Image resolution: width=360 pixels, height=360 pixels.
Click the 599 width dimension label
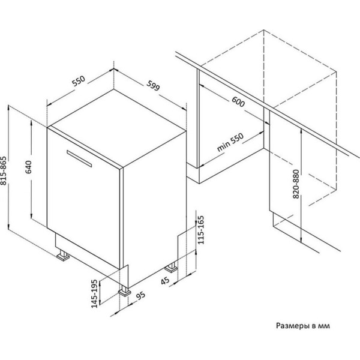[x=153, y=85]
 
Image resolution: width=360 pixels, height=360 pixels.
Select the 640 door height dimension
[x=28, y=167]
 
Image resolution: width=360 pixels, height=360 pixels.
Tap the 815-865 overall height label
[x=4, y=170]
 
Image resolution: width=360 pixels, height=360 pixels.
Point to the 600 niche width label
[x=238, y=102]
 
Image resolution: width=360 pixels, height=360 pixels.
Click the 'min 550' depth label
[x=230, y=142]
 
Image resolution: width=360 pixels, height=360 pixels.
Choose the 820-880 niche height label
[x=296, y=184]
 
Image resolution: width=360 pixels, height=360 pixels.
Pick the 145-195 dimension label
[x=95, y=293]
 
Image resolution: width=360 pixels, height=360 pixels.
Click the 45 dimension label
[x=165, y=281]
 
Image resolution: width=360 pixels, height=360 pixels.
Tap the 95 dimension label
[x=141, y=295]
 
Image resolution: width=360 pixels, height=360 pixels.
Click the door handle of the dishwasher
[x=79, y=158]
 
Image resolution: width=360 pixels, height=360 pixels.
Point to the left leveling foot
[x=63, y=256]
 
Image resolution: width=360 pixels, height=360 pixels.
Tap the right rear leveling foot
[x=171, y=268]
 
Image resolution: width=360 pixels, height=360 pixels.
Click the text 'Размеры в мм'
[x=303, y=326]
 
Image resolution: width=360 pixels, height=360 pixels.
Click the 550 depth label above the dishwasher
[x=79, y=81]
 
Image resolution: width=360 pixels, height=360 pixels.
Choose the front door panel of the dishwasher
[x=83, y=198]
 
